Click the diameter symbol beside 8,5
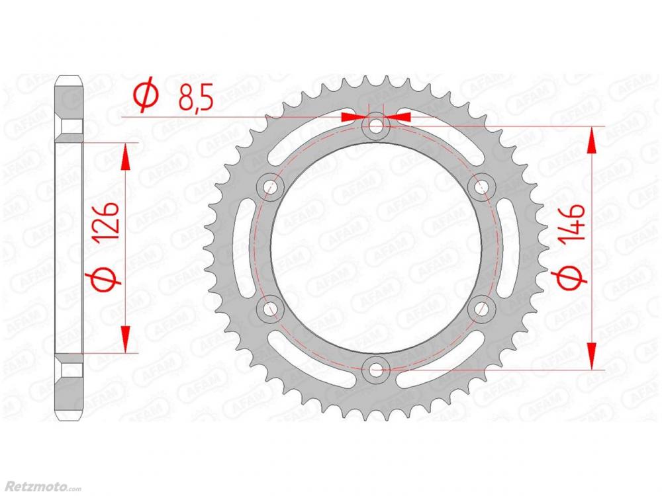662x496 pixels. (x=146, y=97)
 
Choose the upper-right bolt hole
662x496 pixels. (x=481, y=186)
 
